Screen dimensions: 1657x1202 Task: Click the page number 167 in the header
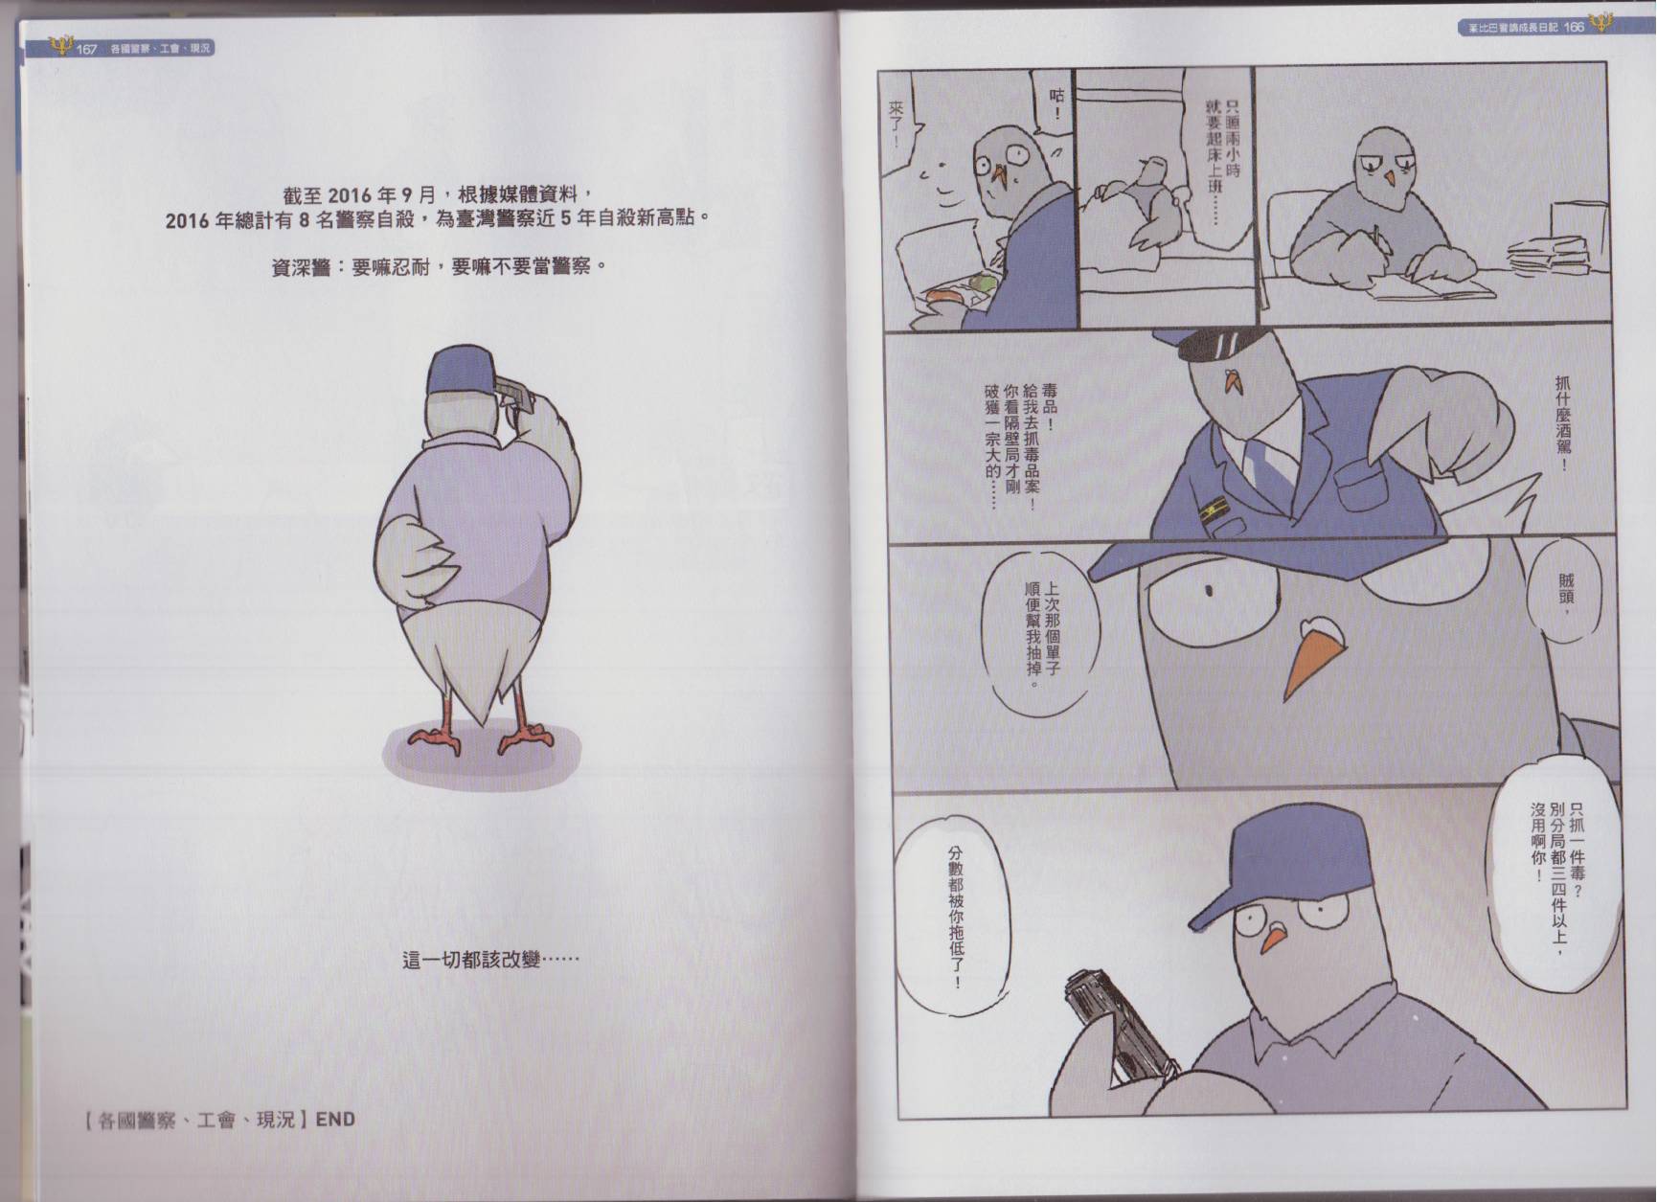click(86, 49)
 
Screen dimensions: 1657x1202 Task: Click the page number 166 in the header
click(1575, 27)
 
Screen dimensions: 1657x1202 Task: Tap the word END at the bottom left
click(335, 1119)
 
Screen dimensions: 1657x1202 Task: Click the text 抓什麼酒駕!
click(1563, 422)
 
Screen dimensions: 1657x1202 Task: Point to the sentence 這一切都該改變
click(490, 958)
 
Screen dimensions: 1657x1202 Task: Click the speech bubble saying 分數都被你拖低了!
click(955, 919)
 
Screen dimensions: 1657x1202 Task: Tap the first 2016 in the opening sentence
click(349, 194)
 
